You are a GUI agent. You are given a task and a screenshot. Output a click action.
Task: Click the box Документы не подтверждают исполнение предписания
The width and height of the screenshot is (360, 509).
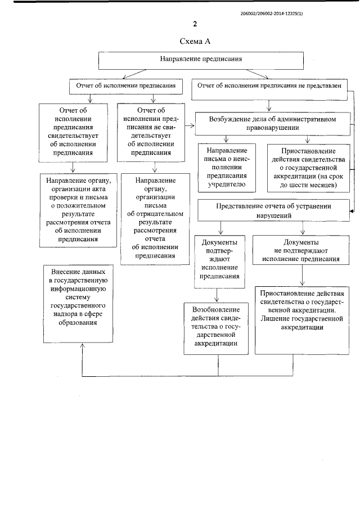pos(303,250)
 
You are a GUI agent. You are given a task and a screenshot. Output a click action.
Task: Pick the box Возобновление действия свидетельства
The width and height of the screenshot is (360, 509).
pos(216,327)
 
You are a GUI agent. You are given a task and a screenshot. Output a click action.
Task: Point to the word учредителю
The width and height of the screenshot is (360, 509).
pos(227,183)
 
